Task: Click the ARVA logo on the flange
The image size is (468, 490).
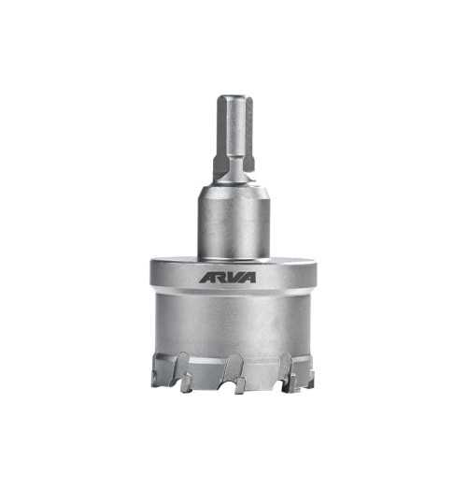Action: (x=228, y=277)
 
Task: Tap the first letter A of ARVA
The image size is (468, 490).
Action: (x=206, y=278)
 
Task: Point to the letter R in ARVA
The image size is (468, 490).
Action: (x=220, y=277)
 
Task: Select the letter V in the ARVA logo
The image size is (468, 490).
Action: (x=234, y=277)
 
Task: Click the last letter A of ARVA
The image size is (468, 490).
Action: (x=248, y=277)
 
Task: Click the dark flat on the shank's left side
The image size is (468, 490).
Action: (x=220, y=163)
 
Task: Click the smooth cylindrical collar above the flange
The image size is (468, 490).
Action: (x=234, y=223)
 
